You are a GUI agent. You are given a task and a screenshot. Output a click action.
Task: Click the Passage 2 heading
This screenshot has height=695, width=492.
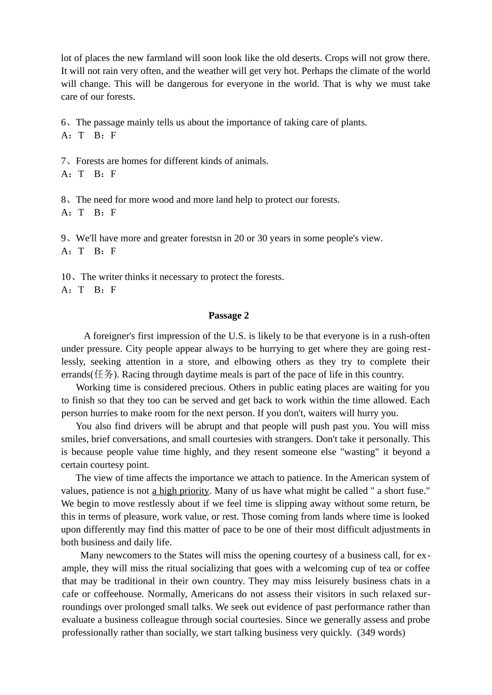pyautogui.click(x=228, y=315)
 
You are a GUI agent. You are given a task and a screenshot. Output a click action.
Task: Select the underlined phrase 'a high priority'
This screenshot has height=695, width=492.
pyautogui.click(x=180, y=491)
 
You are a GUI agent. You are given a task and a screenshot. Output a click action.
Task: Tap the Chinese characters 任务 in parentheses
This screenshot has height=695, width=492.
pyautogui.click(x=104, y=374)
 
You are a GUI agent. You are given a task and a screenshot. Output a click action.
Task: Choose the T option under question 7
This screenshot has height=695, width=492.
pyautogui.click(x=81, y=174)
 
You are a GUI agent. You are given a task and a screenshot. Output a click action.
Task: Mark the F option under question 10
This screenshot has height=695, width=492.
pyautogui.click(x=113, y=290)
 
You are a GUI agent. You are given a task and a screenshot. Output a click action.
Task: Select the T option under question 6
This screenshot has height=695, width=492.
pyautogui.click(x=81, y=135)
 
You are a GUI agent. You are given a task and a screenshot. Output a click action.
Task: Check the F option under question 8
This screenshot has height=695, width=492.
pyautogui.click(x=113, y=213)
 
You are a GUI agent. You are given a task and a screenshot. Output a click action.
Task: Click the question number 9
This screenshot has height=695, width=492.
pyautogui.click(x=64, y=238)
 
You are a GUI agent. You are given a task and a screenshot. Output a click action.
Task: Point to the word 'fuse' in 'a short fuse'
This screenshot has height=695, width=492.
pyautogui.click(x=416, y=491)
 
